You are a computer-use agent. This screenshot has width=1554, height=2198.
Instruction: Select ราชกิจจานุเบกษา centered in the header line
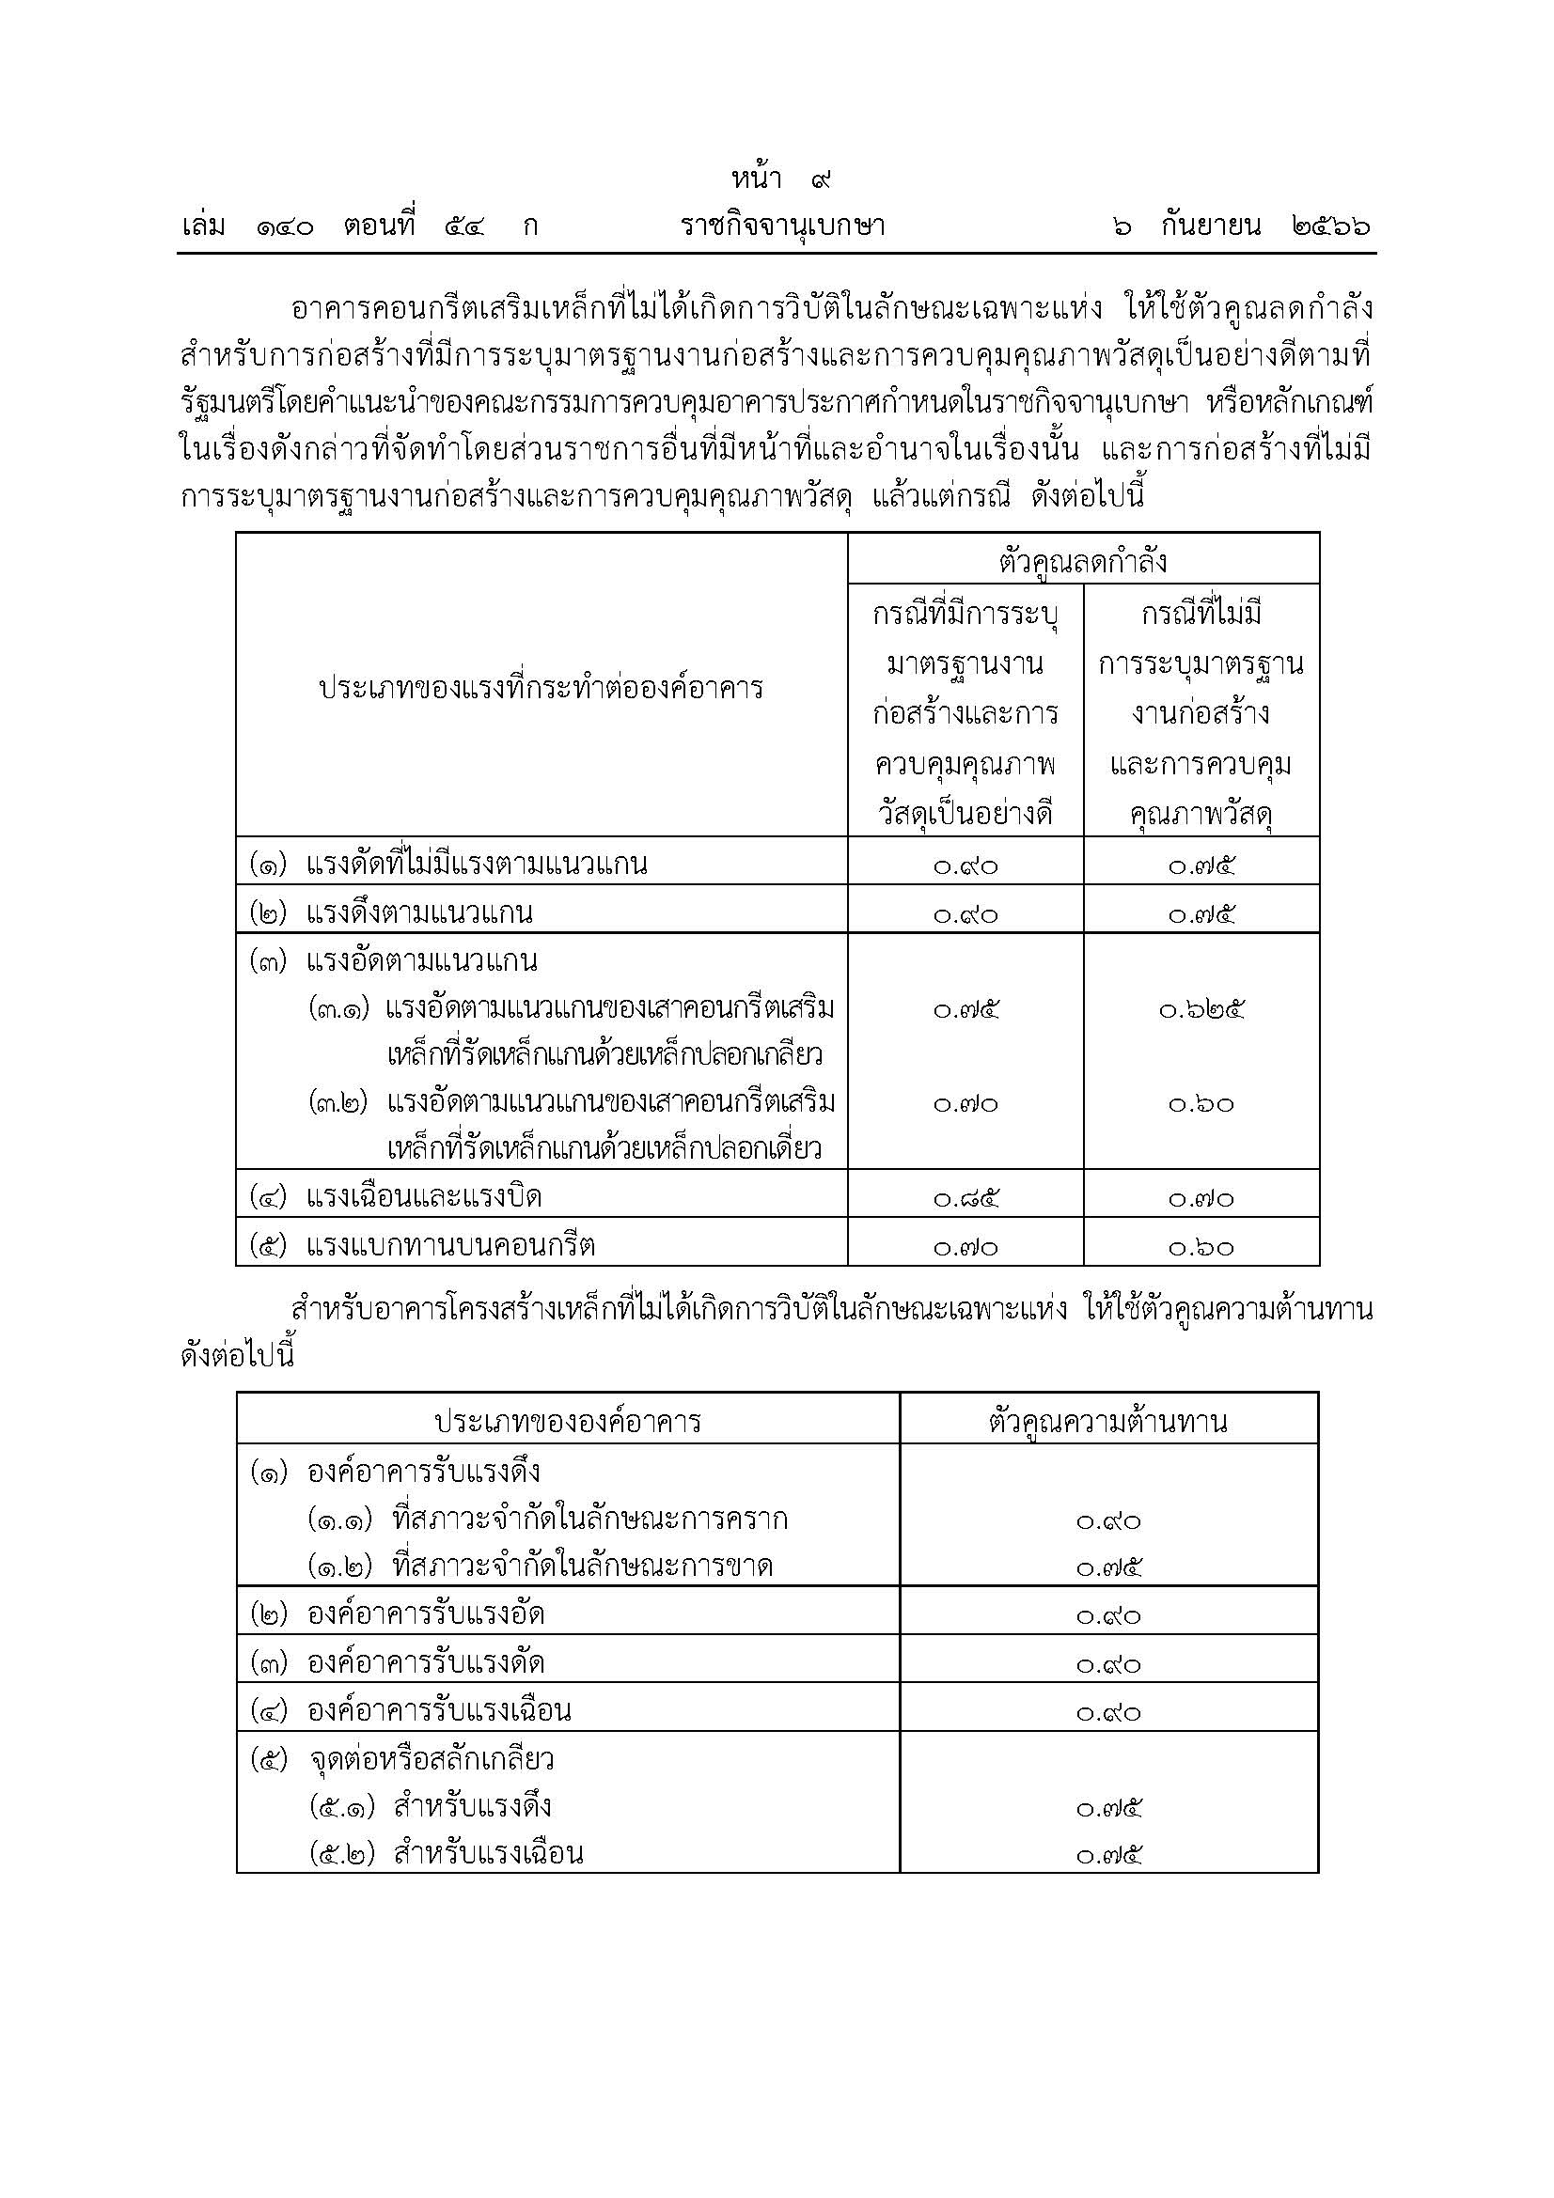tap(782, 226)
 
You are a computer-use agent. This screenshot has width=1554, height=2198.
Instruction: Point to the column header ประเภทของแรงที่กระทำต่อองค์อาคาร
tap(541, 687)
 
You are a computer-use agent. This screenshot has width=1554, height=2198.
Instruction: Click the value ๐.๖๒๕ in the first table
tap(1201, 1009)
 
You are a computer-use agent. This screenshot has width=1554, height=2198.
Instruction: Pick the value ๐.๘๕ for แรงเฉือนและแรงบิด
tap(965, 1198)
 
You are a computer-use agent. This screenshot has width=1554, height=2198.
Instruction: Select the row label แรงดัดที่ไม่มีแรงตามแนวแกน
tap(476, 865)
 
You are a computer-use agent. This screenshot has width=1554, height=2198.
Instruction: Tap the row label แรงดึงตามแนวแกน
tap(419, 912)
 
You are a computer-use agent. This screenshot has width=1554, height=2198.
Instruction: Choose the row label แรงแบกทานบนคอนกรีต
tap(450, 1245)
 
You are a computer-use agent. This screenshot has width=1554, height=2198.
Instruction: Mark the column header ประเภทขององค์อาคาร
tap(568, 1421)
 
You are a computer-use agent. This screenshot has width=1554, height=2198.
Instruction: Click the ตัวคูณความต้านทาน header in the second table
tap(1107, 1421)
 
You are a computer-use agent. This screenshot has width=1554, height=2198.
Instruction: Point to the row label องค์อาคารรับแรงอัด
tap(425, 1614)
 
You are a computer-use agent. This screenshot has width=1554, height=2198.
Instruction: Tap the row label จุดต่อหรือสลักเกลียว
tap(432, 1758)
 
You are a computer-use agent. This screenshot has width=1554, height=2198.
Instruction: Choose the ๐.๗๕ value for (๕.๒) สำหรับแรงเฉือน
tap(1107, 1855)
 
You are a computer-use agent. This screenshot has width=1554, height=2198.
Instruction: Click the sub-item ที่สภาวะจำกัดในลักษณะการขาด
tap(581, 1567)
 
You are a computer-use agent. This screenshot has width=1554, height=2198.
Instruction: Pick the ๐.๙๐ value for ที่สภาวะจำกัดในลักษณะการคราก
tap(1107, 1520)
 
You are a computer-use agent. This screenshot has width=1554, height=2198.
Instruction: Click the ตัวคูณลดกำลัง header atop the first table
tap(1082, 561)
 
